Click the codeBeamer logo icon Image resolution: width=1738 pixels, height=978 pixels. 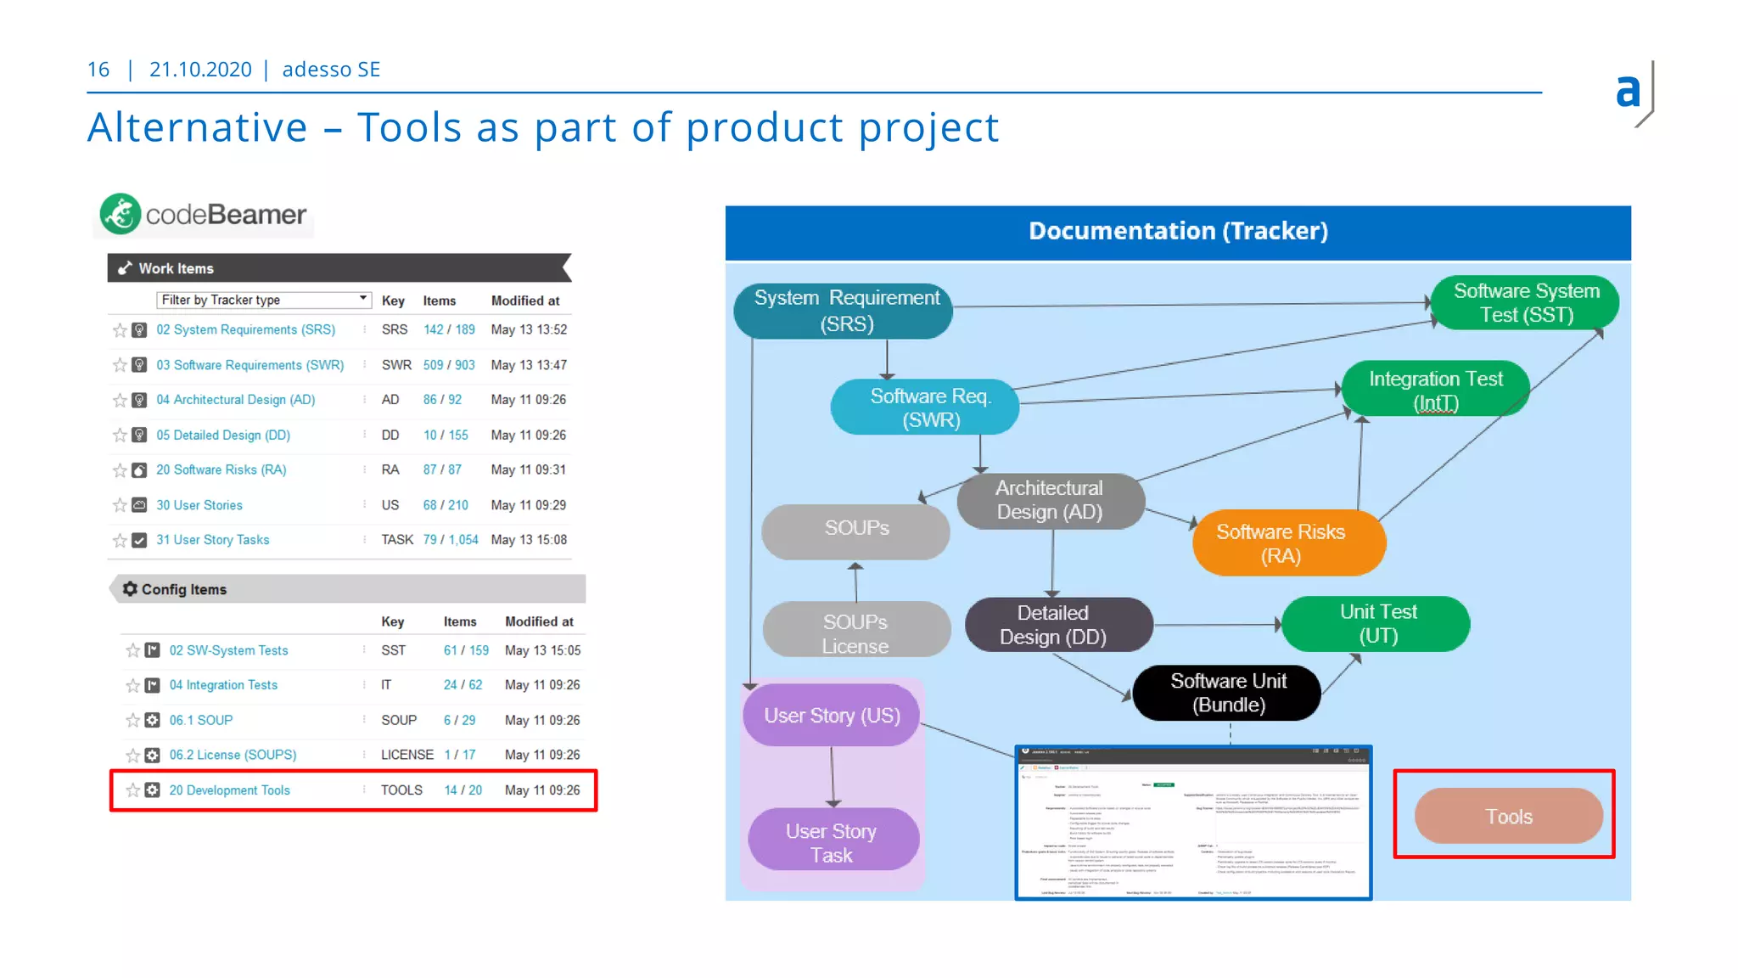[121, 214]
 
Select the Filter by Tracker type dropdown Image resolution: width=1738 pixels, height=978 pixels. [263, 300]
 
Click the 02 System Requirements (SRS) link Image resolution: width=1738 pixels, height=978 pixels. [245, 329]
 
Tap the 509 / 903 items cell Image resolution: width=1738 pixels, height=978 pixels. [448, 365]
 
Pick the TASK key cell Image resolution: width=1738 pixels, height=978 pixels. [396, 540]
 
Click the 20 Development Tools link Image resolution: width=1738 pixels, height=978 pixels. [229, 790]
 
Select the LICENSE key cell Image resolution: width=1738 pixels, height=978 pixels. [406, 755]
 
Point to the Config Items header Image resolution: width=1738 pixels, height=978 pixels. [184, 589]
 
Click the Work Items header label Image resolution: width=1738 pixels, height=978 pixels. [176, 268]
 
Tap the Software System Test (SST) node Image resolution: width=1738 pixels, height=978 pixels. [1525, 303]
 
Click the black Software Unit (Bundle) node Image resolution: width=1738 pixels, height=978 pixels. [1227, 693]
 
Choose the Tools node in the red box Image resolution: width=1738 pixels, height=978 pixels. [1508, 816]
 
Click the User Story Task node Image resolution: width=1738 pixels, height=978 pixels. [832, 842]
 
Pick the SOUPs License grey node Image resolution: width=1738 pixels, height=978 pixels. [855, 633]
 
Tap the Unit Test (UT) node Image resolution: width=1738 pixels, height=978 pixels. [1376, 624]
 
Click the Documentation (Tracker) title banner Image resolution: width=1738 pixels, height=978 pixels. [1177, 232]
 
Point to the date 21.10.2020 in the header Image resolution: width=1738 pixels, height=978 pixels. [200, 70]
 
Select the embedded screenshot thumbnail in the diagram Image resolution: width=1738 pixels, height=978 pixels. [1192, 823]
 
